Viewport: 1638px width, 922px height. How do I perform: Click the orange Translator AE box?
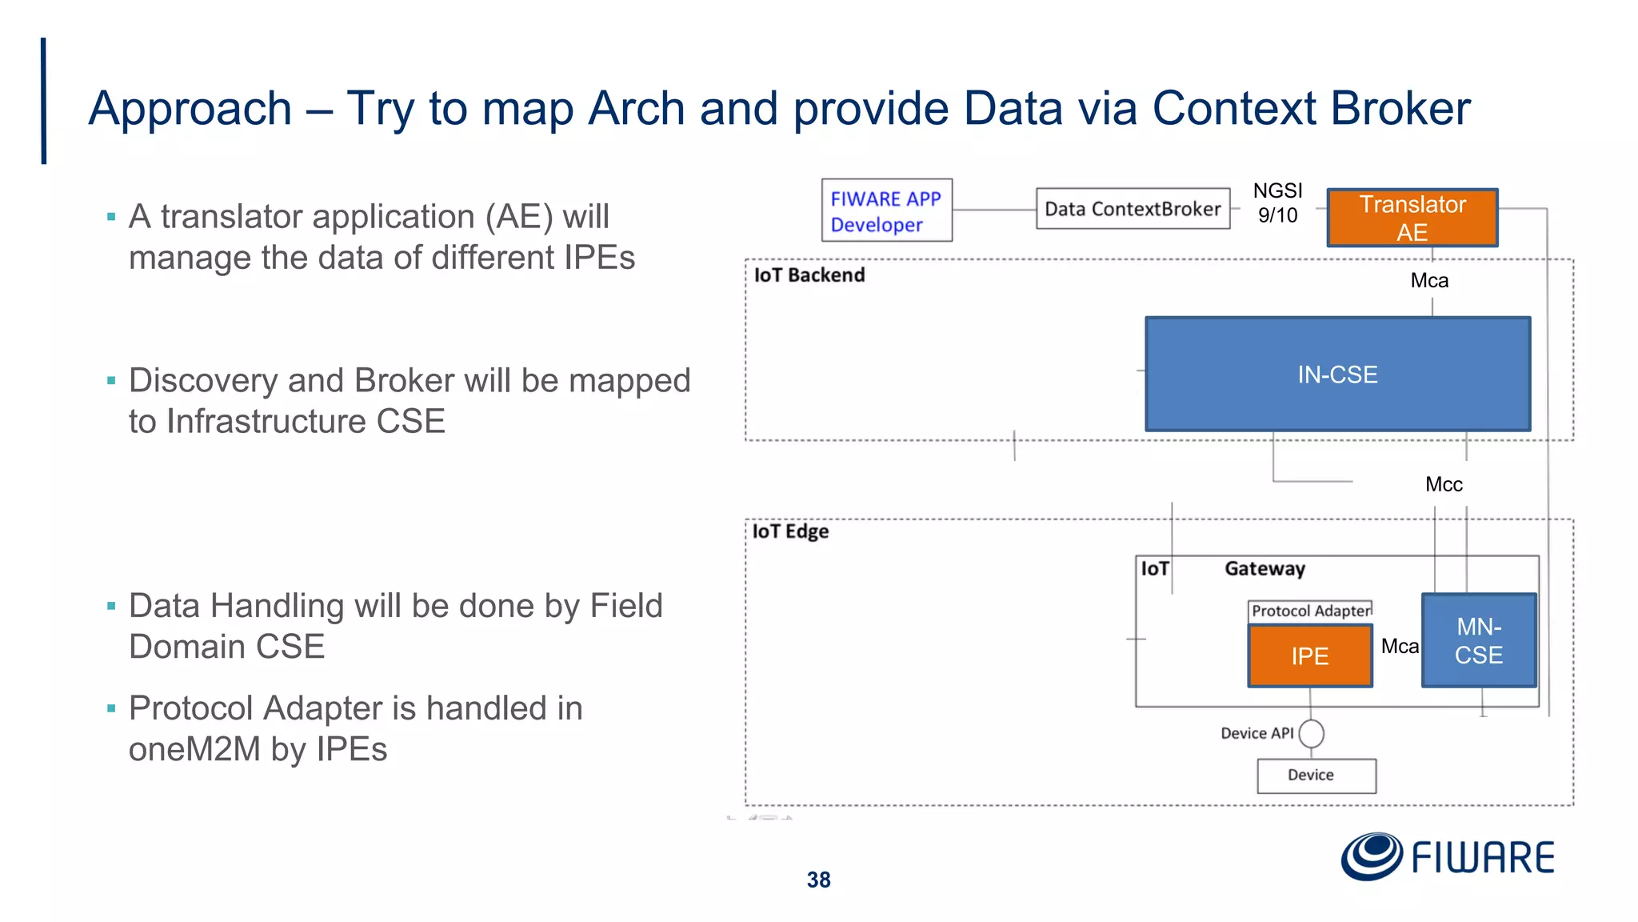coord(1412,218)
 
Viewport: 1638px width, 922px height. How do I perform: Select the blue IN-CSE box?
coord(1337,374)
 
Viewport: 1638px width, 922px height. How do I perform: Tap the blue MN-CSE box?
coord(1478,640)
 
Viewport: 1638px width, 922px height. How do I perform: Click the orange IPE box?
coord(1309,656)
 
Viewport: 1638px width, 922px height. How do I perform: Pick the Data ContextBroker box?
coord(1133,209)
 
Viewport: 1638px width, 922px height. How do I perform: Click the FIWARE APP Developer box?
coord(886,210)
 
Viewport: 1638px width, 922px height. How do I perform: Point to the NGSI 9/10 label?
coord(1277,202)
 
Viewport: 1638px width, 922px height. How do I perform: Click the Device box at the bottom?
coord(1316,776)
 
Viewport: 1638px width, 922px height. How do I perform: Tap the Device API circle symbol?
coord(1311,733)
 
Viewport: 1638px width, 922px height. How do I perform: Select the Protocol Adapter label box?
coord(1310,611)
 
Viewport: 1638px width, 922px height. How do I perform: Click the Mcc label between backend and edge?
coord(1444,484)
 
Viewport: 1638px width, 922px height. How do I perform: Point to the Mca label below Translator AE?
coord(1429,281)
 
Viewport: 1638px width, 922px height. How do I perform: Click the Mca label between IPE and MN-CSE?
coord(1400,646)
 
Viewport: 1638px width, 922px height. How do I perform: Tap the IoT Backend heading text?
coord(809,275)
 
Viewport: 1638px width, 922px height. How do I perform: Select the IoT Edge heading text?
coord(790,531)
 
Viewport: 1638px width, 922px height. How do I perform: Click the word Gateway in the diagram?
coord(1264,569)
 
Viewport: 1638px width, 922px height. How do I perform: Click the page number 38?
coord(818,880)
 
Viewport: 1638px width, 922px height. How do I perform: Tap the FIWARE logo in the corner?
coord(1448,857)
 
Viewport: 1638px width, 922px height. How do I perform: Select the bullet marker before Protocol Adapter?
coord(111,708)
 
